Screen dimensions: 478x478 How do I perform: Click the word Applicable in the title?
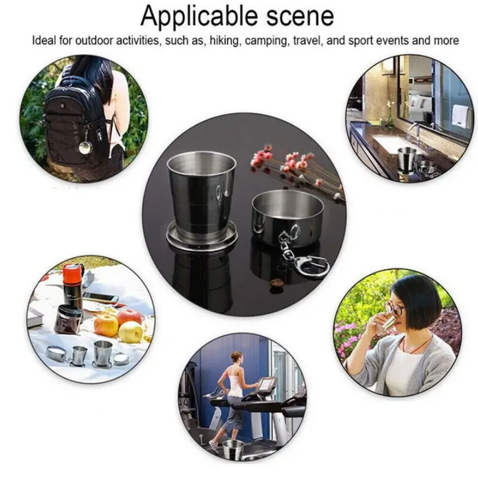199,16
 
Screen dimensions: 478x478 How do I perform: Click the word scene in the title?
300,16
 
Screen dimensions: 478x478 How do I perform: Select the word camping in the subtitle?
267,41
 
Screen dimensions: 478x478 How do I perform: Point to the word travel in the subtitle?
307,40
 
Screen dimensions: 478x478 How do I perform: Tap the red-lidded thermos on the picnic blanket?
74,284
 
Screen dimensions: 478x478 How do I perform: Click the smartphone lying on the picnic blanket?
101,297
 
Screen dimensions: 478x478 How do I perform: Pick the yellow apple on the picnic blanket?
131,332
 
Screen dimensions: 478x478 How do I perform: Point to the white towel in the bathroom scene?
460,115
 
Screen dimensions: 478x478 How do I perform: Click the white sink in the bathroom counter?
393,142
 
